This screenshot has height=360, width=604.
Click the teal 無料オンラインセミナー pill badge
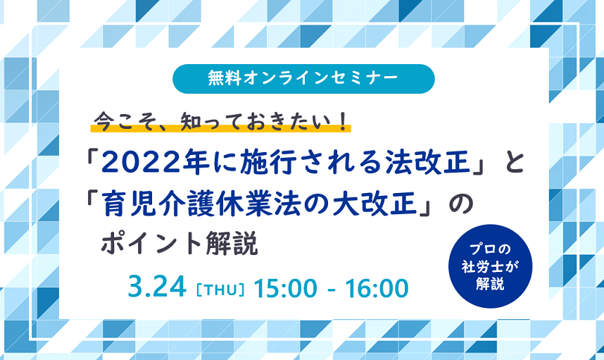tap(303, 79)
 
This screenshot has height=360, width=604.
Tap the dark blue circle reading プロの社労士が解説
tap(491, 266)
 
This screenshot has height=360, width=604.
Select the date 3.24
tap(157, 287)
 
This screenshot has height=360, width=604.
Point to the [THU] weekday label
tap(220, 290)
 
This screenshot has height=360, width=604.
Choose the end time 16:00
tap(377, 288)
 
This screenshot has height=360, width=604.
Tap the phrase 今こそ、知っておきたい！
tap(221, 121)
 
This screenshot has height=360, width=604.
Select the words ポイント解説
tap(180, 243)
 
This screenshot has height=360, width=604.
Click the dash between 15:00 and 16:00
tap(332, 290)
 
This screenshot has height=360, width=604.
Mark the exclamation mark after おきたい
tap(343, 121)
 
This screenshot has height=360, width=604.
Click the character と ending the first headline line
tap(514, 163)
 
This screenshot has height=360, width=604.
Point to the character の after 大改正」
tap(461, 205)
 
